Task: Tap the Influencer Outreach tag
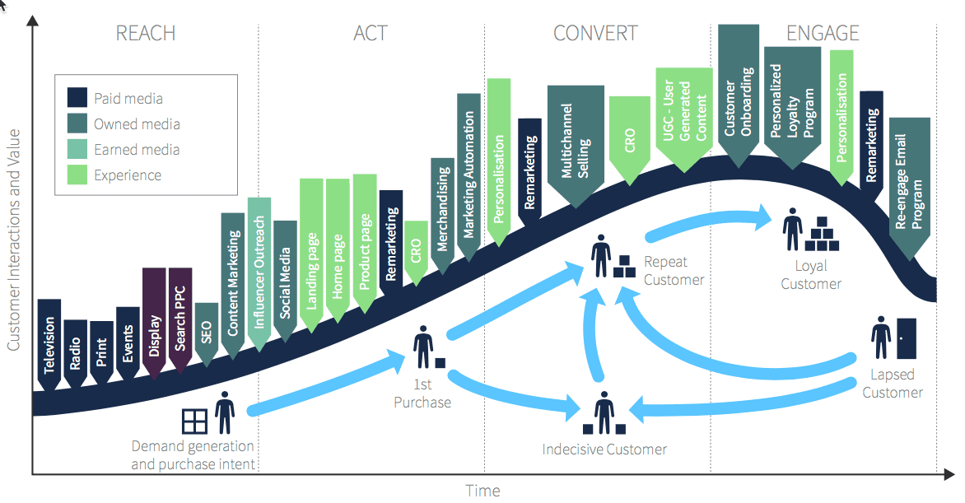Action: (x=259, y=272)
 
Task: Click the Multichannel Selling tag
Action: (x=576, y=145)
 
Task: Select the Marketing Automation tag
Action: (x=469, y=176)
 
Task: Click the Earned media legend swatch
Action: (x=77, y=149)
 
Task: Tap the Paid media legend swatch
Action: (x=77, y=98)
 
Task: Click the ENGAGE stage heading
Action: (x=823, y=34)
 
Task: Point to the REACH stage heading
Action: (x=146, y=34)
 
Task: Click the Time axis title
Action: (x=482, y=491)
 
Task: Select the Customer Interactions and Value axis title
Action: (x=13, y=239)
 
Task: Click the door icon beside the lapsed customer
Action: (x=906, y=338)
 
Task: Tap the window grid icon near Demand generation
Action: (x=194, y=421)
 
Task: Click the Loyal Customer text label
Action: (x=811, y=275)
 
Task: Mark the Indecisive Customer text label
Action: (x=604, y=449)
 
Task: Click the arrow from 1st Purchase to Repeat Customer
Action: (x=510, y=300)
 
